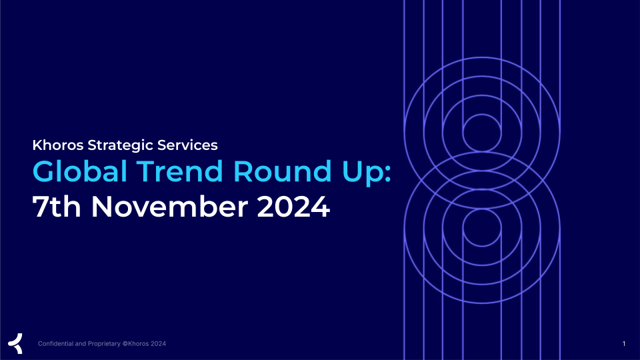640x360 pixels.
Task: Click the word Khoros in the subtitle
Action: click(x=58, y=145)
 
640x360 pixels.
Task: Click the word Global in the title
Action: click(x=80, y=171)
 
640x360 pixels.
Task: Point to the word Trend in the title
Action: click(x=179, y=171)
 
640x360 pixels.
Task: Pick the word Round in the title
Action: click(x=282, y=171)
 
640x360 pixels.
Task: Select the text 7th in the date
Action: click(x=56, y=207)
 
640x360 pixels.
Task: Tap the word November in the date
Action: click(x=169, y=207)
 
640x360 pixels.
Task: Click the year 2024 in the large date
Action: click(x=293, y=207)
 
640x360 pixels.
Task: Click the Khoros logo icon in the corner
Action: click(x=15, y=343)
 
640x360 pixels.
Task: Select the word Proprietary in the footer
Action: click(x=104, y=344)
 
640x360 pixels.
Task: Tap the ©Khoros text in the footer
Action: click(x=135, y=344)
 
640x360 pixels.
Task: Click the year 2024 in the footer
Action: click(x=159, y=344)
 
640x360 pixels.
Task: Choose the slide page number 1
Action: click(x=624, y=344)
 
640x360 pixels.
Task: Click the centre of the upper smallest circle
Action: click(x=482, y=133)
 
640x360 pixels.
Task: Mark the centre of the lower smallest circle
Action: click(x=482, y=228)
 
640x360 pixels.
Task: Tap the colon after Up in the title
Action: click(x=387, y=173)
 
